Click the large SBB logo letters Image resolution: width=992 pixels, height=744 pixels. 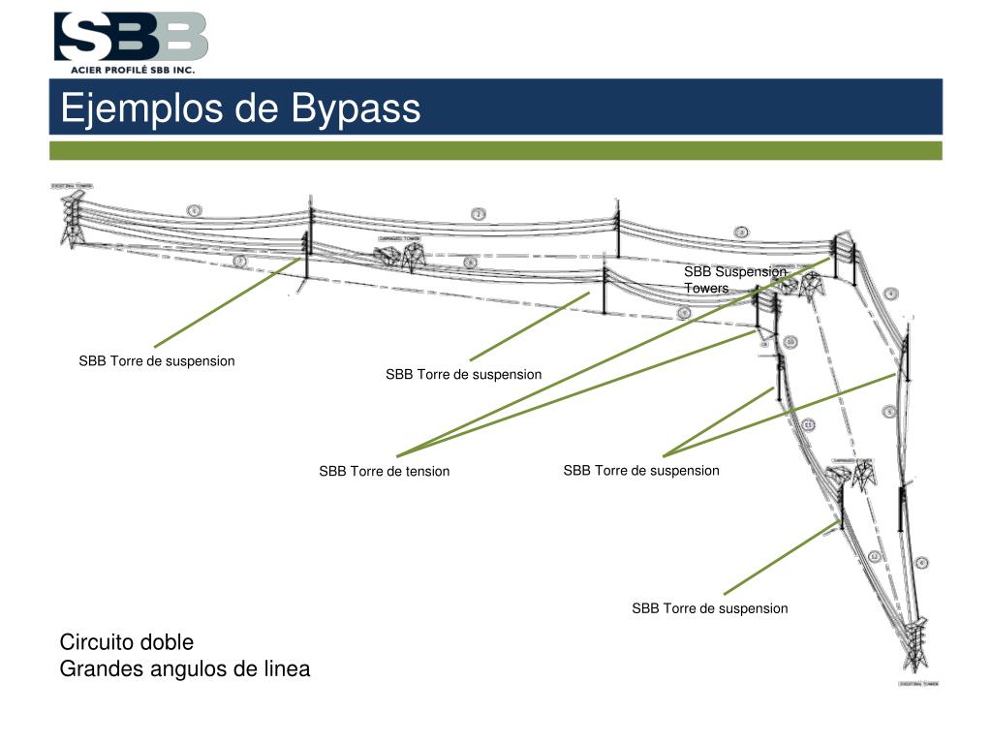click(x=131, y=37)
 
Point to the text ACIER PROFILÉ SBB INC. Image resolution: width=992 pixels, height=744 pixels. click(x=132, y=70)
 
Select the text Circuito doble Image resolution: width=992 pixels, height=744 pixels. click(x=127, y=642)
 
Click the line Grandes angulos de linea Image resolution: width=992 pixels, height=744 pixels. click(x=185, y=668)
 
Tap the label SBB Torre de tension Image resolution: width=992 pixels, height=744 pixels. click(x=385, y=472)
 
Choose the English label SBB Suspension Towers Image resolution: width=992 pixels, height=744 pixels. click(x=734, y=279)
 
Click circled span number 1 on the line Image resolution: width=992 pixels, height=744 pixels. click(x=194, y=210)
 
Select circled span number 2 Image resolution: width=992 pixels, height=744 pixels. click(x=479, y=214)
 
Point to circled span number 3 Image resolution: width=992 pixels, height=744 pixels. click(x=741, y=232)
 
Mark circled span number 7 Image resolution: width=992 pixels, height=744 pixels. click(x=240, y=262)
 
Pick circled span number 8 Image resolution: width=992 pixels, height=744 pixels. click(x=471, y=263)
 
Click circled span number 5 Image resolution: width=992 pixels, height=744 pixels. click(x=888, y=412)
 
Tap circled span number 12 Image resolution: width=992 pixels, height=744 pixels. click(x=874, y=556)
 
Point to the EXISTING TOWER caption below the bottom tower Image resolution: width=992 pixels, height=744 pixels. click(x=916, y=683)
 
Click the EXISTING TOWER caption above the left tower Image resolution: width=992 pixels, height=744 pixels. click(x=73, y=185)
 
